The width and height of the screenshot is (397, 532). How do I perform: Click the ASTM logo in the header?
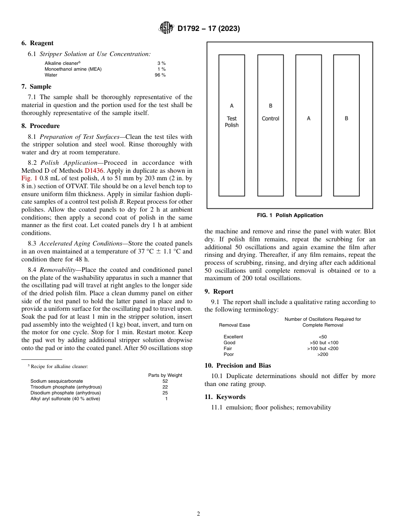tap(166, 28)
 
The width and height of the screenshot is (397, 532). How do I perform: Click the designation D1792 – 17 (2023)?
tap(209, 29)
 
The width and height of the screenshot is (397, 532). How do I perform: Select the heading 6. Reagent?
tap(37, 43)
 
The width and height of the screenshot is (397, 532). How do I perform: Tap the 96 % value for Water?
tap(160, 75)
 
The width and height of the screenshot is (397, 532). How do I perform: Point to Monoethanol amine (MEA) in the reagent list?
tap(73, 69)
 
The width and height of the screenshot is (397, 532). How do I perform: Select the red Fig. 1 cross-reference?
tap(29, 179)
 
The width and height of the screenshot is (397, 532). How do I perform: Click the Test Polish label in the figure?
tap(232, 122)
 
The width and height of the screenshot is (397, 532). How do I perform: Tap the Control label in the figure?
tap(270, 119)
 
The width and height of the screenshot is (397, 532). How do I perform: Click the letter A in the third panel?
tap(308, 118)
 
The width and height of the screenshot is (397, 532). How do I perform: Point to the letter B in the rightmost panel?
tap(346, 118)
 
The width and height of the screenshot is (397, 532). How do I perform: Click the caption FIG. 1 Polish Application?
tap(290, 215)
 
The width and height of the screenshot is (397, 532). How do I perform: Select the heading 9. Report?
tap(219, 292)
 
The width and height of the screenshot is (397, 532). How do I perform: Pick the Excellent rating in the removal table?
tap(233, 337)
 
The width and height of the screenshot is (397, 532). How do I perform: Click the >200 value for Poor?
tap(323, 354)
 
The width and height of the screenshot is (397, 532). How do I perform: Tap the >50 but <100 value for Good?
tap(323, 343)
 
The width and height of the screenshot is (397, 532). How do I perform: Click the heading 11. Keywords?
tap(225, 397)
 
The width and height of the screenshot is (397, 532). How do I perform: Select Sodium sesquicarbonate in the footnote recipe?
tap(56, 381)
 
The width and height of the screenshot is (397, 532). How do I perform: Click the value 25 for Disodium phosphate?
tap(165, 393)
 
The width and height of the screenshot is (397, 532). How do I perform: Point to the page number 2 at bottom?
tap(198, 514)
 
